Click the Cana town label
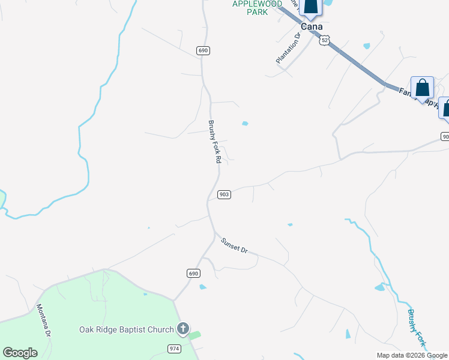(312, 27)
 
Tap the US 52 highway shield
(325, 40)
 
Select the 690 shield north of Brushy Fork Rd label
(203, 50)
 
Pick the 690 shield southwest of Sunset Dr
(192, 273)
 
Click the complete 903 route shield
(224, 194)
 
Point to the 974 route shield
(174, 349)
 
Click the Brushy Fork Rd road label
(215, 143)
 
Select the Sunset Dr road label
(234, 245)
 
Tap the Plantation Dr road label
(288, 49)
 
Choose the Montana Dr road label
(43, 320)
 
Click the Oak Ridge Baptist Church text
(126, 329)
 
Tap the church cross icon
(183, 329)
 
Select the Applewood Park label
(257, 8)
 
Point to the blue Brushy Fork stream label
(416, 328)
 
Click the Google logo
(20, 353)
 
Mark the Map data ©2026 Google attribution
(411, 355)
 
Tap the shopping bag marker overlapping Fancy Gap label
(423, 88)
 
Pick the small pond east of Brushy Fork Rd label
(245, 124)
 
